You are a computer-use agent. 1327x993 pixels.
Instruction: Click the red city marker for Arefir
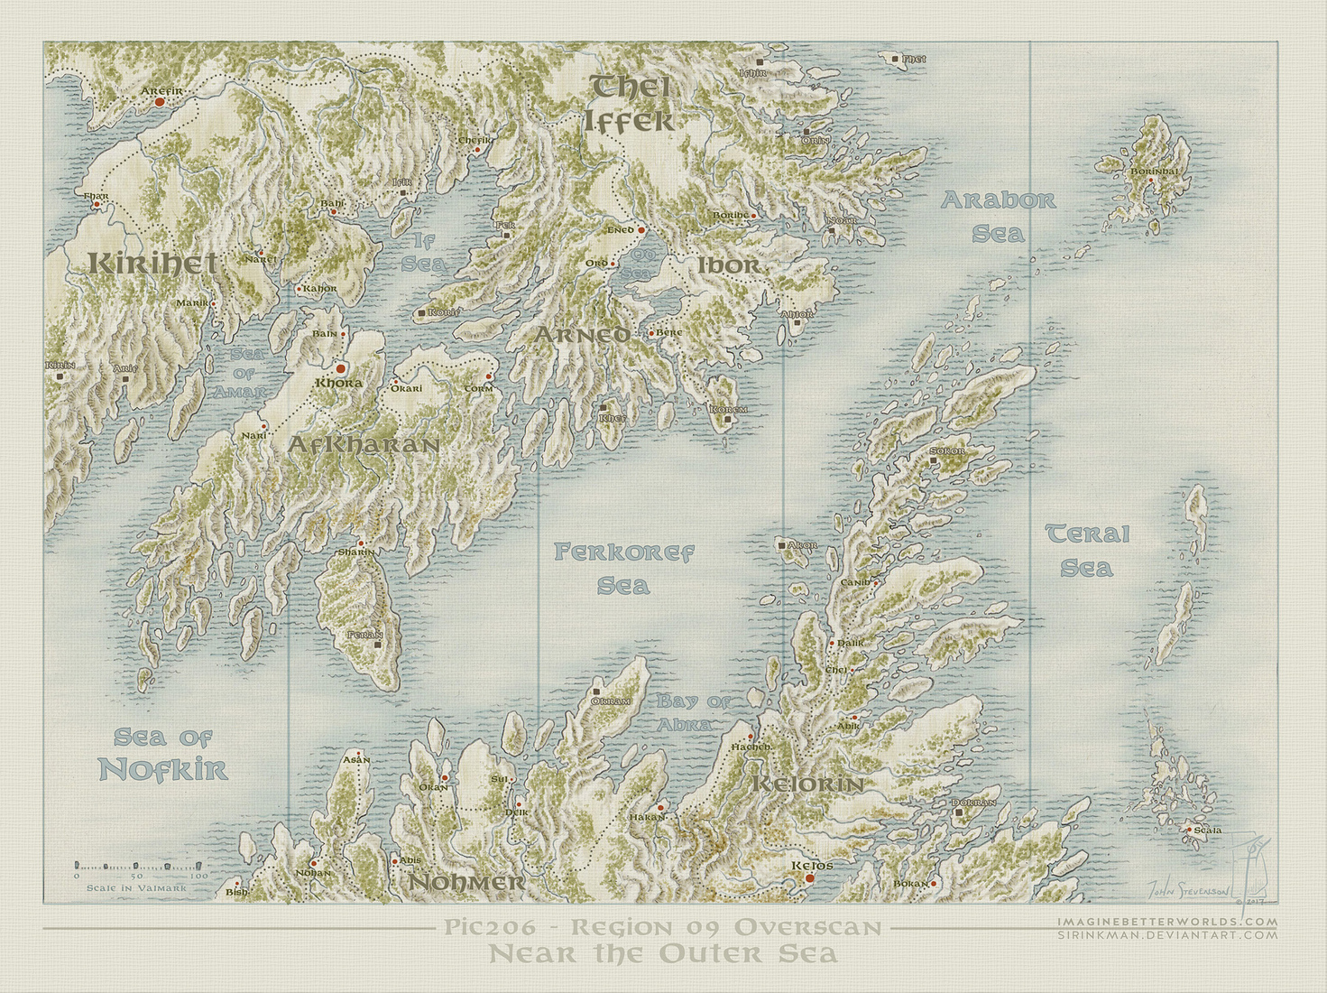point(160,103)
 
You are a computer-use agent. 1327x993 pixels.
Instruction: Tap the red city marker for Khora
point(340,368)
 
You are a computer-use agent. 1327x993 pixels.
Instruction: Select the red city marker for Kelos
point(809,877)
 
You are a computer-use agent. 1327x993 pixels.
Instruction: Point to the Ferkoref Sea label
point(623,569)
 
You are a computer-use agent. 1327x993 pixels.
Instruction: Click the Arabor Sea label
point(998,217)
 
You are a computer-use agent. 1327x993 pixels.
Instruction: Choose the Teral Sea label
point(1087,551)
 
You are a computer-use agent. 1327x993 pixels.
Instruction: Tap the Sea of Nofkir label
point(163,755)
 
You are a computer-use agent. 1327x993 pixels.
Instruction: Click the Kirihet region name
point(152,264)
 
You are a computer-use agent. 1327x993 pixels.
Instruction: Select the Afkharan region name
point(364,444)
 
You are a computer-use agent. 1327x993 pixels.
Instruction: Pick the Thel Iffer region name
point(630,104)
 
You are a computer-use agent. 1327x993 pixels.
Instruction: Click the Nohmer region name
point(467,882)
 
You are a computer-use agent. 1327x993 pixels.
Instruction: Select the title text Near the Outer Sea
point(663,954)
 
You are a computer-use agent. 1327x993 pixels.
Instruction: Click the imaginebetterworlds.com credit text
point(1167,922)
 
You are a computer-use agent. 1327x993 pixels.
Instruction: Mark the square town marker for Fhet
point(895,59)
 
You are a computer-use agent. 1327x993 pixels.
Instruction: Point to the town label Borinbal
point(1154,172)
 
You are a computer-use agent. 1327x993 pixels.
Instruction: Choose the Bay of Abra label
point(694,712)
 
